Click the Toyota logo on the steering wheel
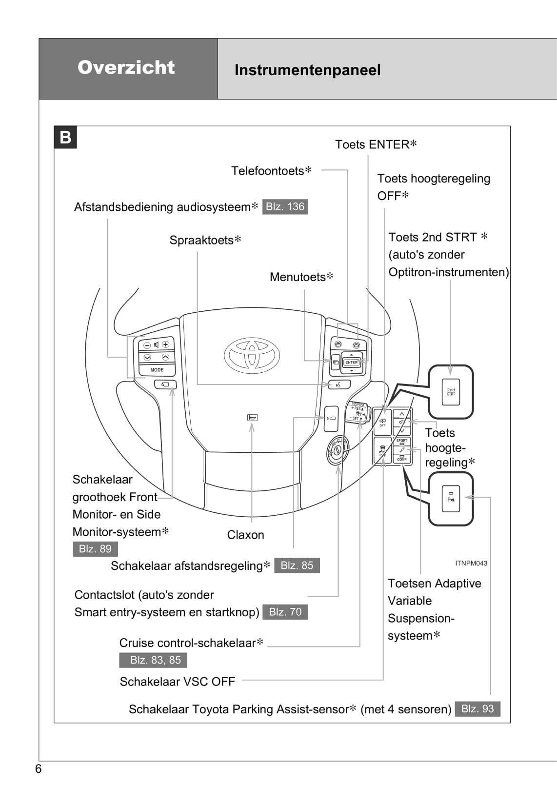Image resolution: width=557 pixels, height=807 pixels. coord(252,354)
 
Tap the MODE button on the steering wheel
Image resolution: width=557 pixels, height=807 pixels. coord(157,370)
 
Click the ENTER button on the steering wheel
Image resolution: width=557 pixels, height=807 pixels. coord(351,363)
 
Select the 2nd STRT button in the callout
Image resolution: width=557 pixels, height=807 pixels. coord(451,391)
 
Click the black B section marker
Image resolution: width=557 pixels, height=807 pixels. coord(65,138)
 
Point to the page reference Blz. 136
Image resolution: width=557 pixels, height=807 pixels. coord(285,207)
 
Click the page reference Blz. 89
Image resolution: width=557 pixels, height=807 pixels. coord(95,549)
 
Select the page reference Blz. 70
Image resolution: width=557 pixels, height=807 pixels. coord(285,612)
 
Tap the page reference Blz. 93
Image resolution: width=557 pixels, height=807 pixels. coord(477,709)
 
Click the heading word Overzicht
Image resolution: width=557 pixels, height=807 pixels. coord(126,67)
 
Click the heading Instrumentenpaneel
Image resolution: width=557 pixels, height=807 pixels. coord(307,70)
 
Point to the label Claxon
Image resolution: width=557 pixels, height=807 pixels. coord(245,535)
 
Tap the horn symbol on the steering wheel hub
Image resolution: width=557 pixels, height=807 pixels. coord(252,418)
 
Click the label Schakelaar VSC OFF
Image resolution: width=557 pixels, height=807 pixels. coord(178,682)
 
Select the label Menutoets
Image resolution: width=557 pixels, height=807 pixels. coord(298,277)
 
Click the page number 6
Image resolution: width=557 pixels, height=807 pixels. coord(39,769)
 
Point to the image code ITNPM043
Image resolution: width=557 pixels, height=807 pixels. coord(471,563)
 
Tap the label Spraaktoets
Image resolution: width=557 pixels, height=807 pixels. coord(202,240)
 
